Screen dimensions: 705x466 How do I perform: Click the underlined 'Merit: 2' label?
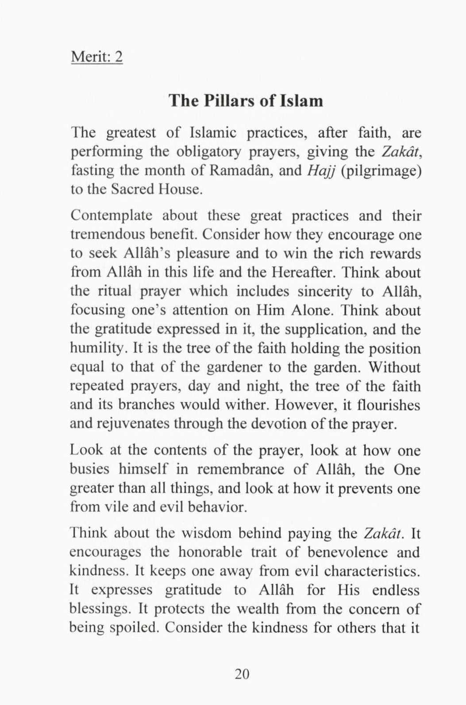(96, 58)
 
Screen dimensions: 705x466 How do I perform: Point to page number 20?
(242, 674)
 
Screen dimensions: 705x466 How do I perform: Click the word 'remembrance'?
(240, 469)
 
